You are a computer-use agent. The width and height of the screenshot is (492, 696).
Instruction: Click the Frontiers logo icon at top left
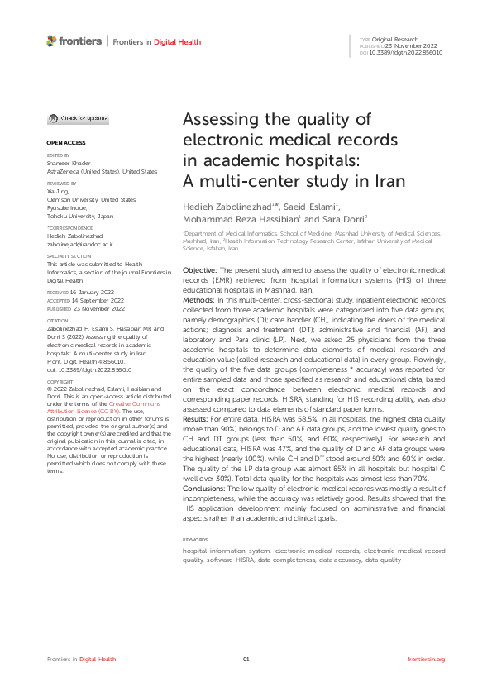pyautogui.click(x=52, y=41)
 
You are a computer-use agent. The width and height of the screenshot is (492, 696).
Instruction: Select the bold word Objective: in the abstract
pyautogui.click(x=199, y=270)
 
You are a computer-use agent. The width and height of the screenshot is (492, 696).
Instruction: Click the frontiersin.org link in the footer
pyautogui.click(x=427, y=659)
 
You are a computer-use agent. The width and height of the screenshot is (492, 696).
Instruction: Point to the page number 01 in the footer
pyautogui.click(x=246, y=659)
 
